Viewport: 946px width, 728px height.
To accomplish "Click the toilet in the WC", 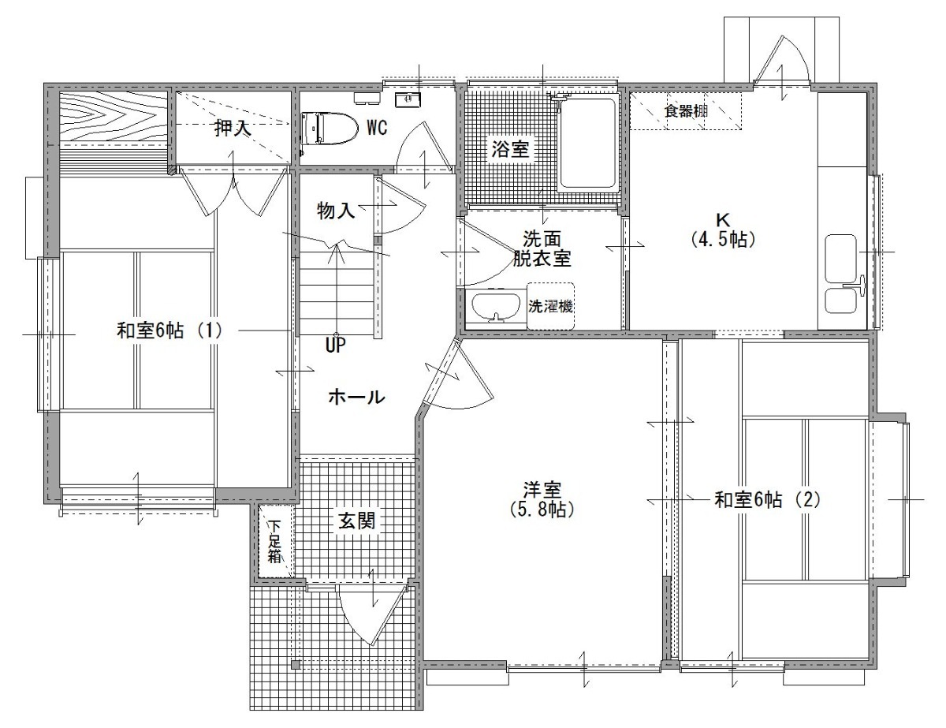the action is pyautogui.click(x=330, y=128).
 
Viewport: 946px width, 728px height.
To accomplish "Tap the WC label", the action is pyautogui.click(x=377, y=128).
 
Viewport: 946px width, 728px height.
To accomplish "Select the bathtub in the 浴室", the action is pyautogui.click(x=588, y=144).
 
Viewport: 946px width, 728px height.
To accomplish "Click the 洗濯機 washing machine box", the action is pyautogui.click(x=550, y=306).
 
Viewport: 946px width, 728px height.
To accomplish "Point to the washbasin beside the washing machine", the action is pyautogui.click(x=496, y=308).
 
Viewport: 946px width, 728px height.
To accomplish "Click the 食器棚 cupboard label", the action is pyautogui.click(x=686, y=111).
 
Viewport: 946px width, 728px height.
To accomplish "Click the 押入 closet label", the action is pyautogui.click(x=233, y=128).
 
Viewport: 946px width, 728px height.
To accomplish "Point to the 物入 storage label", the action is pyautogui.click(x=336, y=211).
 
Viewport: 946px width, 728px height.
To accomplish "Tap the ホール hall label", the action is pyautogui.click(x=356, y=397).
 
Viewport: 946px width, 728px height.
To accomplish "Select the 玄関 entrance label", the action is pyautogui.click(x=356, y=521).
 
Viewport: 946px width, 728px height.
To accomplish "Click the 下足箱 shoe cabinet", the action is pyautogui.click(x=274, y=541).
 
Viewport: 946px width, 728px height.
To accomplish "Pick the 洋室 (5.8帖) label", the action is pyautogui.click(x=542, y=499).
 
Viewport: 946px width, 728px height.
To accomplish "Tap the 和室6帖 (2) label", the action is pyautogui.click(x=768, y=499).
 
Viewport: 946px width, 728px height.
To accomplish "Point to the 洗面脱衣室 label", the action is pyautogui.click(x=542, y=249).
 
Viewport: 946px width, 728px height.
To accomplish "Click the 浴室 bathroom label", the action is pyautogui.click(x=510, y=150).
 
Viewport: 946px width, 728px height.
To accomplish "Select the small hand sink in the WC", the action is pyautogui.click(x=408, y=99).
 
